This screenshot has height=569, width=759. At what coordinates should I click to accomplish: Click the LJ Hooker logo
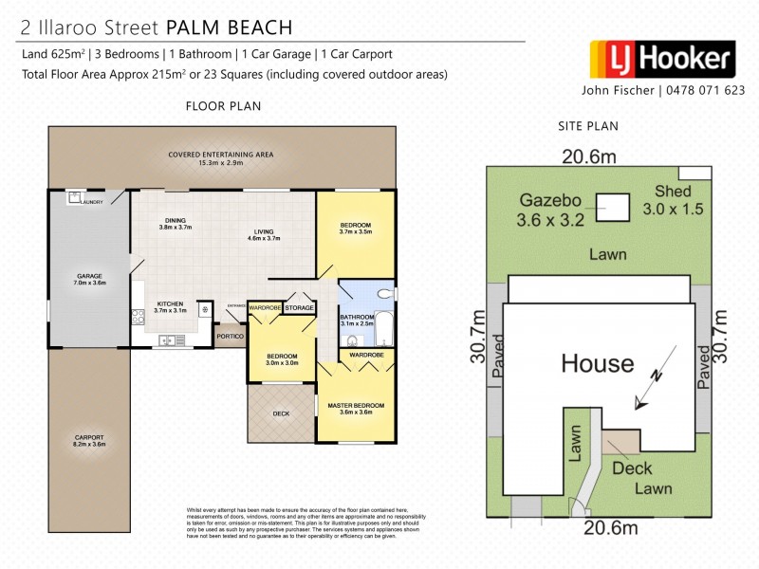pos(662,59)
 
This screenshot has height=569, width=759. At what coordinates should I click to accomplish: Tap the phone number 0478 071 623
pos(695,92)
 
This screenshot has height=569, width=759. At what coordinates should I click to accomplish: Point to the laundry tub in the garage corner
pos(73,199)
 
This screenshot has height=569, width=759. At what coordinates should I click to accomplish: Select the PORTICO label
pos(229,335)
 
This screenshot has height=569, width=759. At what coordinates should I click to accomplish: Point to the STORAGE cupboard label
pos(299,308)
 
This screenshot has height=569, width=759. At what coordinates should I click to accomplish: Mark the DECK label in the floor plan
pos(281,413)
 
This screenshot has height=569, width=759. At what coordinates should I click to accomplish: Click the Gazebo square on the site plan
pos(613,206)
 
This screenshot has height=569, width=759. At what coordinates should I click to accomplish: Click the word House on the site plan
pos(597,362)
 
